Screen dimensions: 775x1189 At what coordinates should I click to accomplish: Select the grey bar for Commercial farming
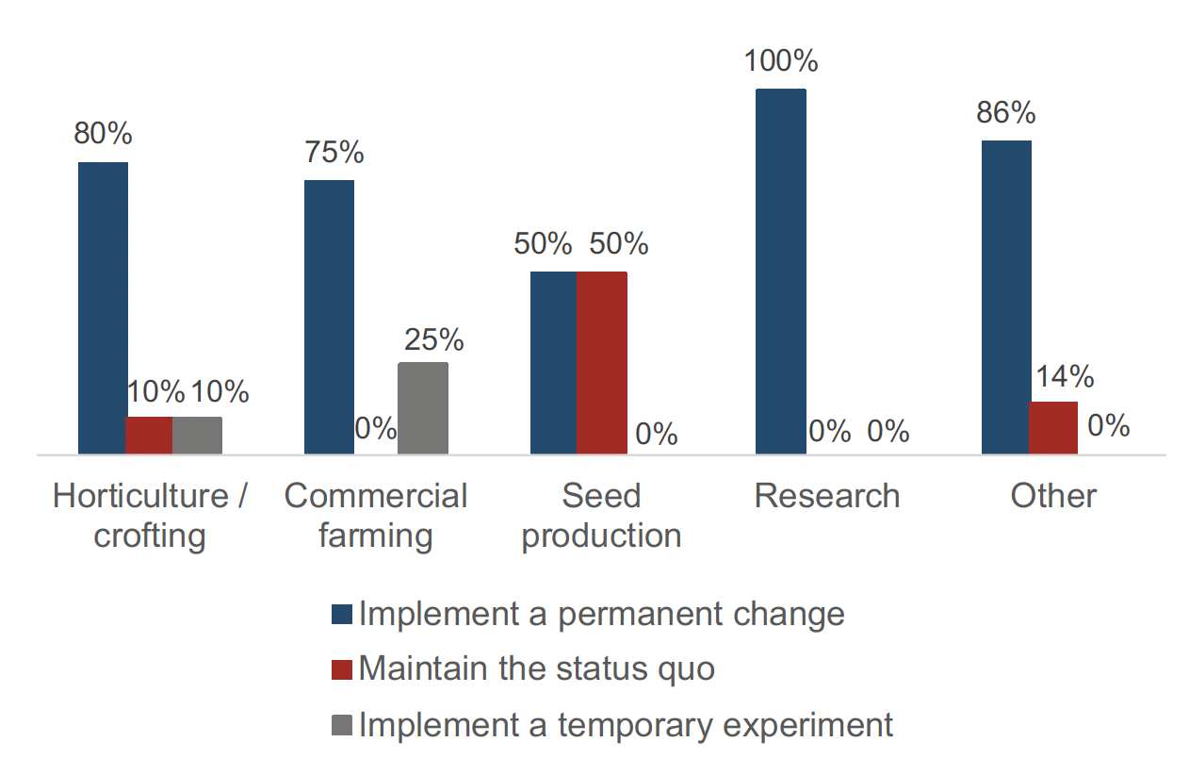point(423,408)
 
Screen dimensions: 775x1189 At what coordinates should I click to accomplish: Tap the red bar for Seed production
point(602,363)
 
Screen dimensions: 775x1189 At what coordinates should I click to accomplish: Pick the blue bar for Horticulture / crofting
point(103,308)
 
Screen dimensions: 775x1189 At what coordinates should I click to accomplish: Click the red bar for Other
point(1052,428)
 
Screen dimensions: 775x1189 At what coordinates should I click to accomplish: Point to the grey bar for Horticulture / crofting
point(198,436)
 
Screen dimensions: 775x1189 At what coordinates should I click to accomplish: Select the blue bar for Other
point(1006,297)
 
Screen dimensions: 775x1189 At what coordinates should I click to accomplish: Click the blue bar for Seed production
point(554,363)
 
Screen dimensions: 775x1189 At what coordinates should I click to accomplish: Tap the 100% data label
point(781,61)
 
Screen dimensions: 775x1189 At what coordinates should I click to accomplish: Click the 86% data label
point(1005,113)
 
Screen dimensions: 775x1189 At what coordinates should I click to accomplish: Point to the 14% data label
point(1064,376)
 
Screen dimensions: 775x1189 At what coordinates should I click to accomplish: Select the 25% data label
point(433,338)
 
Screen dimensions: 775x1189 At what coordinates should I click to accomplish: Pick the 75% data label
point(334,153)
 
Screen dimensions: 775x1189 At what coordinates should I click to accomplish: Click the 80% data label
point(103,134)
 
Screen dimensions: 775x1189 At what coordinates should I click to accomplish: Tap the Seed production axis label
point(601,516)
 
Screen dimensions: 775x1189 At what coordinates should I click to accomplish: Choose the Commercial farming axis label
point(376,516)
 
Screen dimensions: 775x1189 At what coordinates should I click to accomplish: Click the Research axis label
point(827,496)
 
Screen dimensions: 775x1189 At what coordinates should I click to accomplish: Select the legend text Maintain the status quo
point(536,668)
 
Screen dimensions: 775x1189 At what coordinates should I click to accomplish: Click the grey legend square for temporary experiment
point(342,725)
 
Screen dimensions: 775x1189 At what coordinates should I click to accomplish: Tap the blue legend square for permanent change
point(342,615)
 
